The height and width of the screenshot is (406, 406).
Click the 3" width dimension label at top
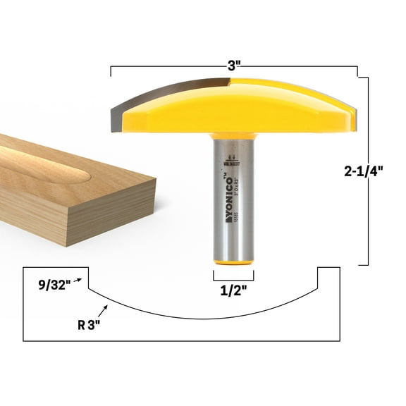(235, 64)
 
